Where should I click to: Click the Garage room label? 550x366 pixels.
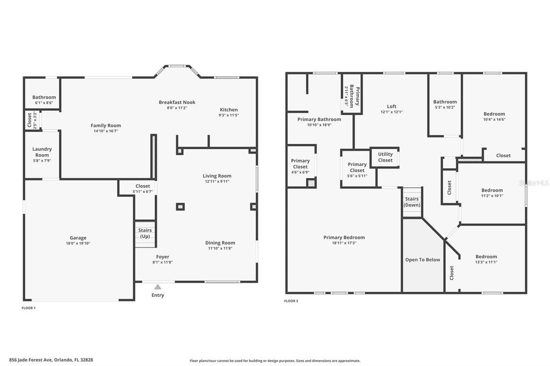(x=78, y=238)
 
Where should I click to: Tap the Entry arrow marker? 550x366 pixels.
(x=158, y=287)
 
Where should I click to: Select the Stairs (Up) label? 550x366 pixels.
(x=145, y=233)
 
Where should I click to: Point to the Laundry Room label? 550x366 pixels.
(x=42, y=152)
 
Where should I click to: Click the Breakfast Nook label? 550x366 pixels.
(x=177, y=102)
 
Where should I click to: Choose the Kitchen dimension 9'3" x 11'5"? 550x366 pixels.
(x=228, y=115)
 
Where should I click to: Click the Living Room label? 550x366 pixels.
(x=217, y=175)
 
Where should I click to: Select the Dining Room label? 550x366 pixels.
(x=220, y=243)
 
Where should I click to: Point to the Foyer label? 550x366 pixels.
(x=163, y=257)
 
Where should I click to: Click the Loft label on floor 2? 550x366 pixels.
(x=392, y=106)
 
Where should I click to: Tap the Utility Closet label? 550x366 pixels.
(x=385, y=157)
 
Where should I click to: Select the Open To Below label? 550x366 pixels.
(x=422, y=260)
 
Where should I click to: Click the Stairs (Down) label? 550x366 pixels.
(x=412, y=202)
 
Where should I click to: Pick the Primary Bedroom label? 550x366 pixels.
(x=344, y=237)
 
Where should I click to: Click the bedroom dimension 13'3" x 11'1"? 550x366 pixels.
(x=486, y=262)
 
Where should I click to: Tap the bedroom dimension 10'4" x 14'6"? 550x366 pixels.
(x=494, y=119)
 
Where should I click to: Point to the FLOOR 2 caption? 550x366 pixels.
(x=291, y=301)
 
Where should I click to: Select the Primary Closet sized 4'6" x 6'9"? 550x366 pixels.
(x=300, y=164)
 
